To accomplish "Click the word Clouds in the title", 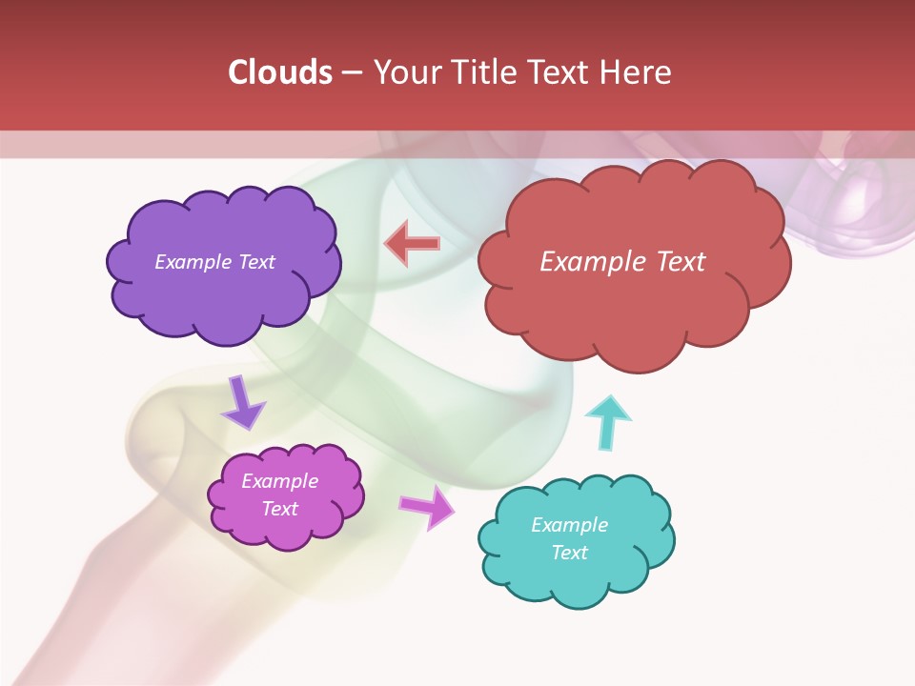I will click(280, 72).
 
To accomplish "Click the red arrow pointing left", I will click(412, 245).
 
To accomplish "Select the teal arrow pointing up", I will click(608, 422).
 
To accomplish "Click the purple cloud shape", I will click(223, 295).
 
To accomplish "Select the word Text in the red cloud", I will click(681, 262).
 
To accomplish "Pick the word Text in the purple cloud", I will click(256, 262).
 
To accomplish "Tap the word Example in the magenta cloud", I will click(280, 481).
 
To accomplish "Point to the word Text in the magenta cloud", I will click(280, 509).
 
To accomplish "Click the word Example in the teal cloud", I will click(570, 525).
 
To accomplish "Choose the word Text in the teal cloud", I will click(570, 553).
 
